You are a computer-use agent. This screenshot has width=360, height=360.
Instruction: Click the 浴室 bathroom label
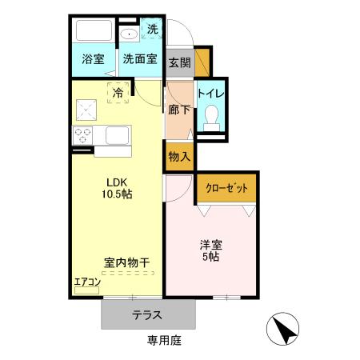94,59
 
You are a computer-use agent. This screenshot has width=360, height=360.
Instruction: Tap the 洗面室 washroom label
139,59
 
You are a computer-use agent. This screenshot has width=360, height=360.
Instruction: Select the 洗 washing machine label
152,30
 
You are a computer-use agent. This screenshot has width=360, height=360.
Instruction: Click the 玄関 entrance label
179,61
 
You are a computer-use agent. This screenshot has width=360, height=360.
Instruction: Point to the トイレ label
211,94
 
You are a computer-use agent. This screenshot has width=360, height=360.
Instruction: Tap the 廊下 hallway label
179,111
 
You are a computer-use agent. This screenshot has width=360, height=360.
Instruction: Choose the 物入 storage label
179,156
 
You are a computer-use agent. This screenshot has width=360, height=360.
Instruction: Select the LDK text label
115,182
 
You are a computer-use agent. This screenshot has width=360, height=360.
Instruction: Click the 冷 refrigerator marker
118,92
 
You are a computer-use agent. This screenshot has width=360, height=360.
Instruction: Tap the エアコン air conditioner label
86,282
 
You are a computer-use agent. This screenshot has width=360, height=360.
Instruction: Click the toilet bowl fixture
212,119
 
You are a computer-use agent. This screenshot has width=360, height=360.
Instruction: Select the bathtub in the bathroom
94,33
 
